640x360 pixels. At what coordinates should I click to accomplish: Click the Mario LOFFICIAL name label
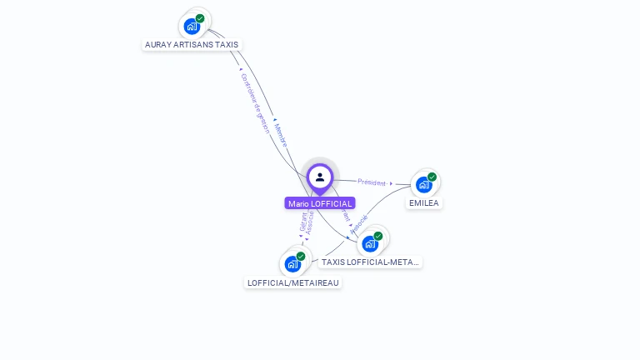(320, 203)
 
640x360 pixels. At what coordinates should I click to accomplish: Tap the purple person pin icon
(320, 177)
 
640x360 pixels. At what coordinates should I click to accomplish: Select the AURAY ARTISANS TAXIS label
(192, 45)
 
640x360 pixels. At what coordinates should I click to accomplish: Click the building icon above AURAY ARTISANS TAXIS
(192, 26)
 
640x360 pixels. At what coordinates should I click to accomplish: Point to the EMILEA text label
(423, 203)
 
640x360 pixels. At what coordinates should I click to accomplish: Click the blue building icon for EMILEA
(424, 184)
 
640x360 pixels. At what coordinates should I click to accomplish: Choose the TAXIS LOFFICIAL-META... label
(370, 262)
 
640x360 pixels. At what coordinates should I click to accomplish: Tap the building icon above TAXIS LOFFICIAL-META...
(369, 244)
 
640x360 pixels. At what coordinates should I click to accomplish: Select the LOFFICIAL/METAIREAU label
(293, 283)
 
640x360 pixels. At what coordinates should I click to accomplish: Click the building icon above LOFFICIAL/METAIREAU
(292, 264)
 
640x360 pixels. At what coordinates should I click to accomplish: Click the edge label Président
(372, 182)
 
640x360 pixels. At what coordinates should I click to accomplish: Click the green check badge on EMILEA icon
(432, 177)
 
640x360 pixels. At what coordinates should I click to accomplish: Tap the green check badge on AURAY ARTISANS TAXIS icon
(200, 18)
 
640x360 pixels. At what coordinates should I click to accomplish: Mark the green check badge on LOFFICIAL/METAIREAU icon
(301, 257)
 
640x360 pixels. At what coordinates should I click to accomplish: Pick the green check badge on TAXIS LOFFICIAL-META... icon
(377, 237)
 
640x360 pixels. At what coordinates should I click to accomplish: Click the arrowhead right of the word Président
(390, 183)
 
